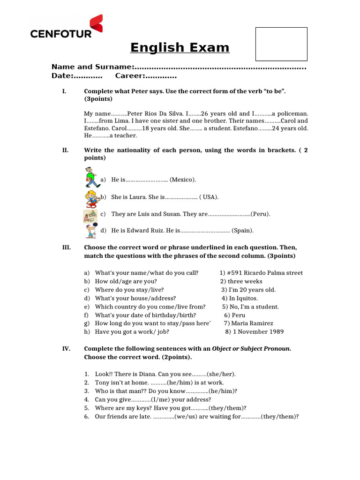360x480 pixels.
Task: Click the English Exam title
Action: click(x=180, y=48)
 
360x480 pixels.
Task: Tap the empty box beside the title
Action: click(x=281, y=44)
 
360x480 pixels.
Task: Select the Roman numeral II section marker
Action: click(x=65, y=150)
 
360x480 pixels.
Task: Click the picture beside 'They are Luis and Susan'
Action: click(x=90, y=215)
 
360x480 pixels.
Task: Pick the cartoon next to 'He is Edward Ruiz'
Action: click(x=91, y=231)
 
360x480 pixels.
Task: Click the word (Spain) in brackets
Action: click(x=243, y=230)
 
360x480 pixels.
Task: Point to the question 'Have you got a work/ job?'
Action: click(x=132, y=332)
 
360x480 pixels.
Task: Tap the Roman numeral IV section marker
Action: click(x=66, y=349)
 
